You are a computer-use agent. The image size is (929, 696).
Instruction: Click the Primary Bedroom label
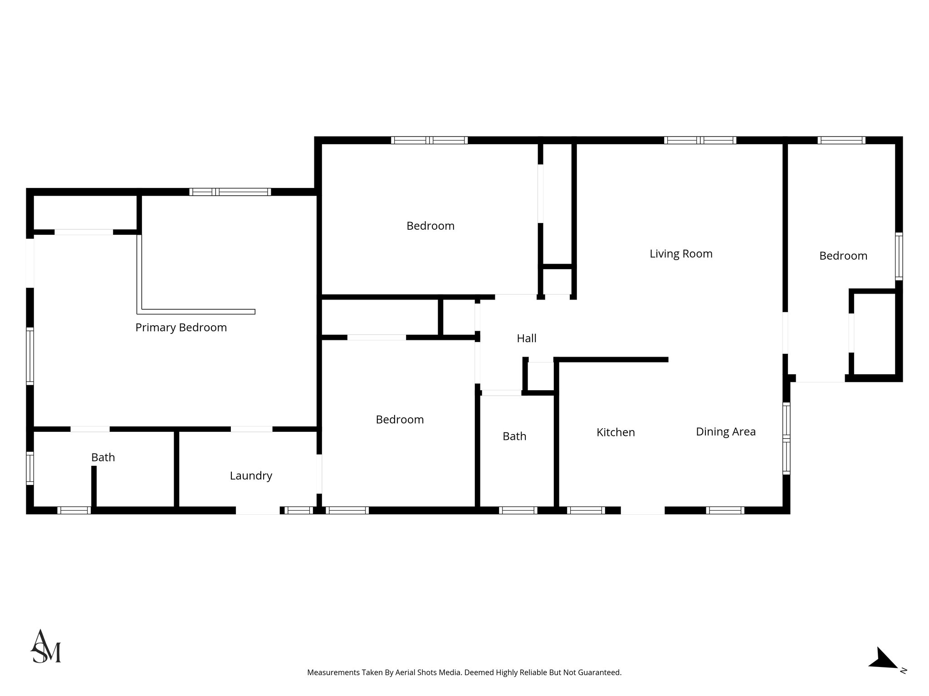pyautogui.click(x=181, y=328)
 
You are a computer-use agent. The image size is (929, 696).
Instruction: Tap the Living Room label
pyautogui.click(x=681, y=254)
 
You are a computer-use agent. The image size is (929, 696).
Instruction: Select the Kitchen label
pyautogui.click(x=616, y=432)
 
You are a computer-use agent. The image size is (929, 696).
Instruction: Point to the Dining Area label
pyautogui.click(x=726, y=432)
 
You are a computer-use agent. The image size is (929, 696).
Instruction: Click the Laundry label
pyautogui.click(x=251, y=476)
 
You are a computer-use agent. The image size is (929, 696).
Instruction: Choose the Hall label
pyautogui.click(x=527, y=338)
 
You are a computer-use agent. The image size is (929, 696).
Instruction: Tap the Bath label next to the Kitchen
pyautogui.click(x=514, y=436)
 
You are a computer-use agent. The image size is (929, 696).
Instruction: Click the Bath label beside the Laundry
pyautogui.click(x=103, y=458)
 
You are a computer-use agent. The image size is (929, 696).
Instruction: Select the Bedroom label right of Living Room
pyautogui.click(x=843, y=256)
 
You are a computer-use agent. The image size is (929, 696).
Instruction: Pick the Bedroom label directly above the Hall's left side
pyautogui.click(x=430, y=226)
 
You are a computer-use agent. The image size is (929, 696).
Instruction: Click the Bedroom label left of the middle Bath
pyautogui.click(x=400, y=420)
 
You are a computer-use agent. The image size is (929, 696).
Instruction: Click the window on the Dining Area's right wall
pyautogui.click(x=787, y=438)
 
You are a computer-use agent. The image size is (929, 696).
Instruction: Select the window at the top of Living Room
pyautogui.click(x=700, y=140)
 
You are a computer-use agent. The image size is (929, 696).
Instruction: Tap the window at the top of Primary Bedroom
pyautogui.click(x=230, y=192)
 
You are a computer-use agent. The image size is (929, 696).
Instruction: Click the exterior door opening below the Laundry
pyautogui.click(x=257, y=510)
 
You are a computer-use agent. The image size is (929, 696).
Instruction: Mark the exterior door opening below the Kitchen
pyautogui.click(x=642, y=510)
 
